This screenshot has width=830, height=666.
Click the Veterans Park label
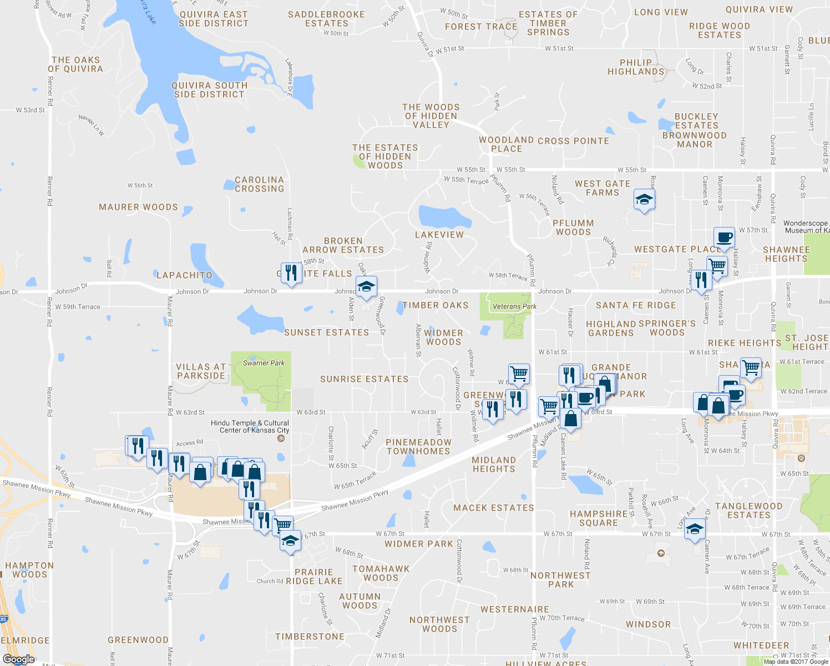click(x=514, y=306)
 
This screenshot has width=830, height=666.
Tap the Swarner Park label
click(x=264, y=363)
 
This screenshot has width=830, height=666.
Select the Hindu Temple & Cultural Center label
click(x=250, y=427)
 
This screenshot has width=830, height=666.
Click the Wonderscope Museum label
click(x=806, y=227)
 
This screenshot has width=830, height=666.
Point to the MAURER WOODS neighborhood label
click(x=138, y=207)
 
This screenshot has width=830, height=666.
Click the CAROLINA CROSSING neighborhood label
click(x=259, y=184)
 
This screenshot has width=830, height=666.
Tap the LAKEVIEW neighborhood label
click(x=439, y=235)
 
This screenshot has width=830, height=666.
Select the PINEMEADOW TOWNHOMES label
click(x=418, y=447)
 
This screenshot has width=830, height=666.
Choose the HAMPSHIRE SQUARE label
click(x=599, y=518)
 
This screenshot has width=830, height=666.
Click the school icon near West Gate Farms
click(x=644, y=200)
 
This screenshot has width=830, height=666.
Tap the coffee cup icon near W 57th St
click(x=724, y=238)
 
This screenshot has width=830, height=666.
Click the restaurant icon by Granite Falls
click(x=291, y=273)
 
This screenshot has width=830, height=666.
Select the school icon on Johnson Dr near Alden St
click(x=366, y=287)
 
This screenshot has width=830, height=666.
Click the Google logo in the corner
click(x=18, y=659)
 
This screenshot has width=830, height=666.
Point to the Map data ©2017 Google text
click(x=796, y=662)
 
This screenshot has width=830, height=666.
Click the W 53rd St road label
click(x=30, y=110)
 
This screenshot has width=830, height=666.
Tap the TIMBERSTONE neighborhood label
click(x=310, y=637)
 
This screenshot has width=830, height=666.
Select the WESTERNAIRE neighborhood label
click(x=514, y=609)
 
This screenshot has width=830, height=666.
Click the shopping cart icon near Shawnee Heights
click(x=717, y=265)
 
